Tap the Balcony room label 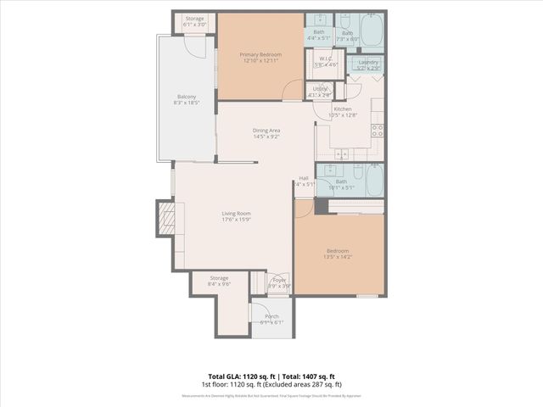(x=185, y=100)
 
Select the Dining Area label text (x=266, y=132)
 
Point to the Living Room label (x=237, y=215)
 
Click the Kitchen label (x=342, y=112)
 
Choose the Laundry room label (x=367, y=64)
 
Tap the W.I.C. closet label (x=326, y=62)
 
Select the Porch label (x=271, y=319)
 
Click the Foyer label (x=279, y=282)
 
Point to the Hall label (x=304, y=181)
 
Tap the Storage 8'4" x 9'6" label (x=220, y=281)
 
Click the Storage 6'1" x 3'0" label (x=195, y=20)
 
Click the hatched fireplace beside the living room (x=167, y=219)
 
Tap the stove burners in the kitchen (x=377, y=131)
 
